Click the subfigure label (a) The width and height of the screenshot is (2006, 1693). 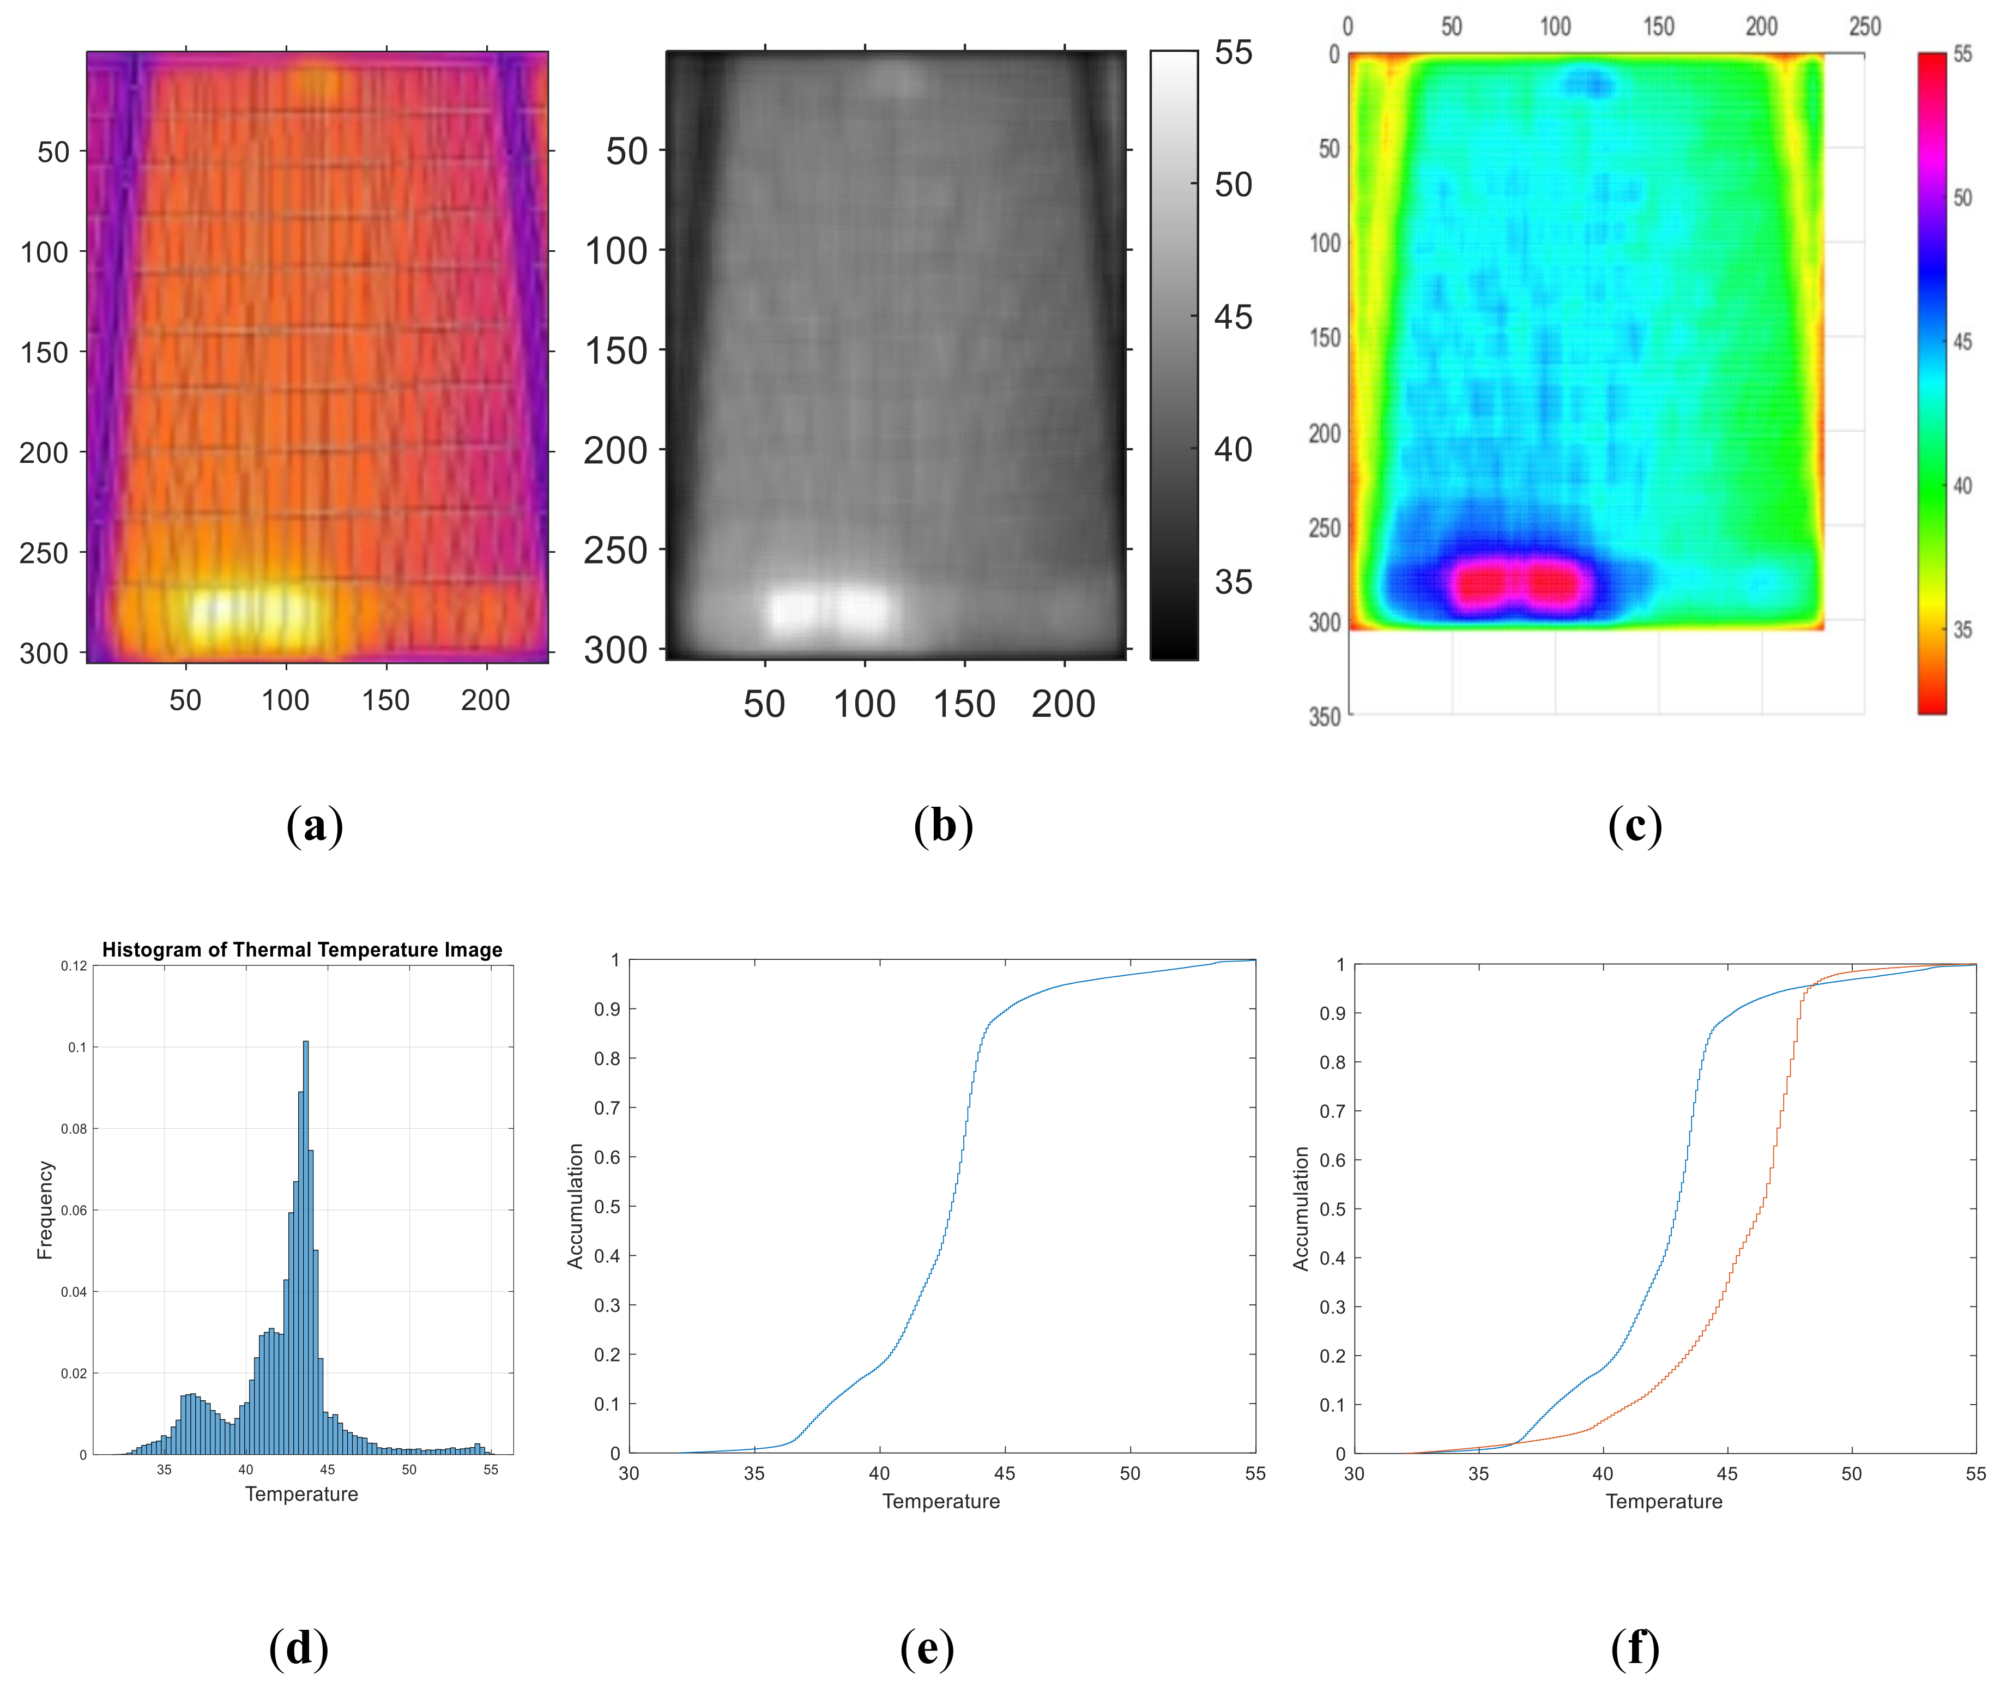pos(315,825)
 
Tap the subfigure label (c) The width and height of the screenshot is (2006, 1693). pos(1635,825)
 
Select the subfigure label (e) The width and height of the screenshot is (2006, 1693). pos(926,1648)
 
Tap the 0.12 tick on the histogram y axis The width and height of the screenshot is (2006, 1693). pos(74,965)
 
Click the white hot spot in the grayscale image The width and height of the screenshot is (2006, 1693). pos(830,609)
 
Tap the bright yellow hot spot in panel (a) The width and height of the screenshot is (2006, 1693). pos(251,614)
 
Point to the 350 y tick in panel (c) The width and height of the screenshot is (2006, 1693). pos(1325,716)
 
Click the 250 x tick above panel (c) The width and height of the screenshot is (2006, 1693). pos(1865,26)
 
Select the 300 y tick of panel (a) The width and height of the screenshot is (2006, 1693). pos(44,654)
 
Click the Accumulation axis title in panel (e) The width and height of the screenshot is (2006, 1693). pos(575,1206)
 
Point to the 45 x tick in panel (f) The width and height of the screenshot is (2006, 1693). pos(1727,1473)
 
